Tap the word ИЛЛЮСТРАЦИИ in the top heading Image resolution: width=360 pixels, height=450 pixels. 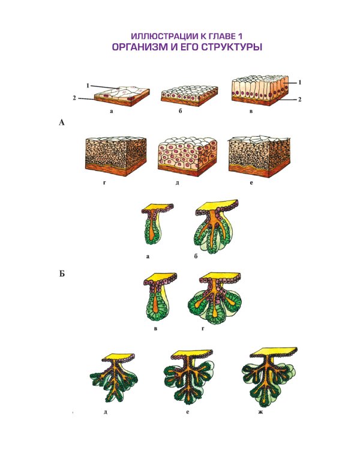(163, 36)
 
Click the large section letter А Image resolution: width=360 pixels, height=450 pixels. (62, 123)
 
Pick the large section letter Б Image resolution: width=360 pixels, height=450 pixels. (62, 274)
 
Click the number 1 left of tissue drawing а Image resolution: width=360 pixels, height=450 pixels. (88, 86)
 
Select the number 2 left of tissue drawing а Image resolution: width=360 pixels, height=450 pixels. (74, 98)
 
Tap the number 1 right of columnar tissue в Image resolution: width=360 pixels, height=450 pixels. (300, 82)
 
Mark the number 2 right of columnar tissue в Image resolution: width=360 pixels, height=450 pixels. (300, 99)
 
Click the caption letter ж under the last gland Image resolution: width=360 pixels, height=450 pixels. (260, 412)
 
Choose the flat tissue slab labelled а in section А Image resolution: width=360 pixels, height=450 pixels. (122, 96)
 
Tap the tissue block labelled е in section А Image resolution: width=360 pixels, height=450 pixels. (259, 157)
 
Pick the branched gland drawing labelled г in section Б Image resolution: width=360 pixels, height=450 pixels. (215, 298)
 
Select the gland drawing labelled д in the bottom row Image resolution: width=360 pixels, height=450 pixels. (114, 377)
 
